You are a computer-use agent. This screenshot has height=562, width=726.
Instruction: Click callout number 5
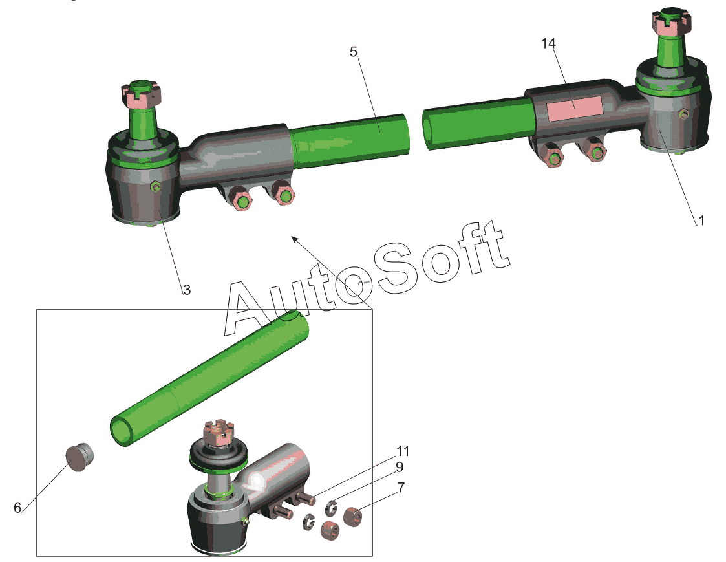pyautogui.click(x=354, y=52)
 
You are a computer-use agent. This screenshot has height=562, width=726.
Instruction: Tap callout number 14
pyautogui.click(x=549, y=43)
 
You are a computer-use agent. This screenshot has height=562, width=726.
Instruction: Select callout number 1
pyautogui.click(x=701, y=221)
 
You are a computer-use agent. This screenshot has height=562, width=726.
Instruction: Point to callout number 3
pyautogui.click(x=187, y=290)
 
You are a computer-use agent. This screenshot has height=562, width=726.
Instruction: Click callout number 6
pyautogui.click(x=17, y=508)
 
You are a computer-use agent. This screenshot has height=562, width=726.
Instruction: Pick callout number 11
pyautogui.click(x=402, y=451)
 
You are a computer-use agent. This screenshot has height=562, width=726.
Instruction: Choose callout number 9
pyautogui.click(x=399, y=467)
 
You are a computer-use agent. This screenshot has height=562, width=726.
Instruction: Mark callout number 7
pyautogui.click(x=401, y=488)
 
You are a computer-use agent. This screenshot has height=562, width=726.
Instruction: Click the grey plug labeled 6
pyautogui.click(x=79, y=457)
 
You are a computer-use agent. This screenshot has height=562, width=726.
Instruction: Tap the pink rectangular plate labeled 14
pyautogui.click(x=574, y=109)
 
